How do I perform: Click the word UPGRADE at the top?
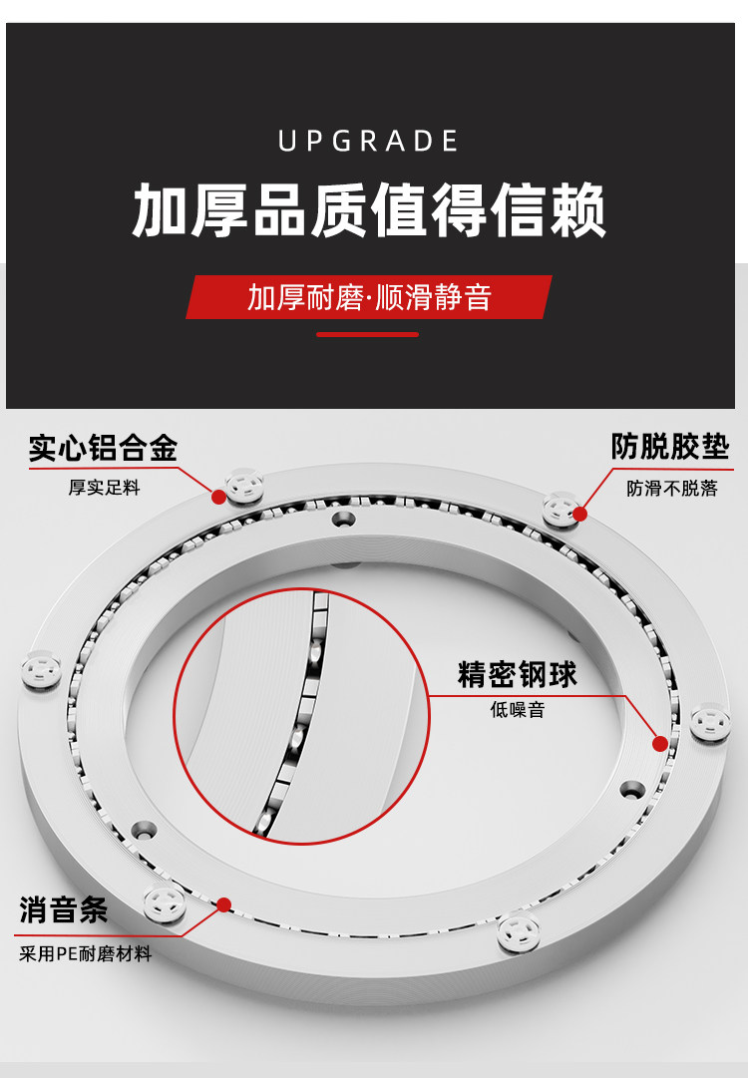[368, 142]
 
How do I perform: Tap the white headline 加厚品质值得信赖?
[369, 209]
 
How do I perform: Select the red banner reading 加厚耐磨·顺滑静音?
[369, 297]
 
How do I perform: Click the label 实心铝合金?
[103, 449]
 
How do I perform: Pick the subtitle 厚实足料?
[104, 488]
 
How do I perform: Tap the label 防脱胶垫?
[669, 447]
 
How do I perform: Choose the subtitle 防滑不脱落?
[671, 489]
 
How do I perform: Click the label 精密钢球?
[518, 675]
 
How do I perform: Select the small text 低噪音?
[518, 711]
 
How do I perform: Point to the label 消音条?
[64, 910]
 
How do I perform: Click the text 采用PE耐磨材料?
[86, 954]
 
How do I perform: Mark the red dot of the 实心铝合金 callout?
[218, 495]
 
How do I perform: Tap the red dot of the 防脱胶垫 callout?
[579, 514]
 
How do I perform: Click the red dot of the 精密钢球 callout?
[659, 743]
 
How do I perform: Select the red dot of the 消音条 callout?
[224, 904]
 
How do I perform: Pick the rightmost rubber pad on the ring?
[712, 721]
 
